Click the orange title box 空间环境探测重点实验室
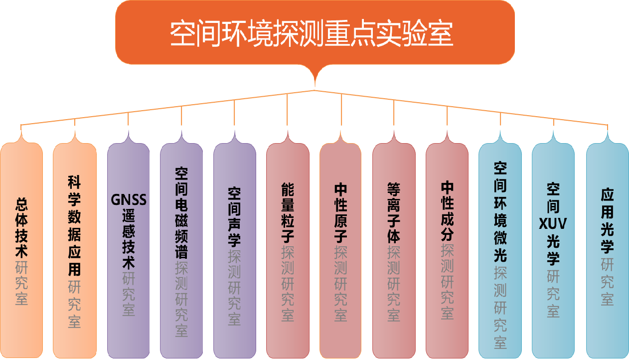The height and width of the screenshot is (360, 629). point(314,33)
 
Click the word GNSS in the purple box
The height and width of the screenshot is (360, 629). point(128,200)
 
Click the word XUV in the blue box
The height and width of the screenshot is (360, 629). point(553,224)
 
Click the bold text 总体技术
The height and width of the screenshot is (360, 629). point(21,228)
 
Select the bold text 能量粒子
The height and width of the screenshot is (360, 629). point(288,212)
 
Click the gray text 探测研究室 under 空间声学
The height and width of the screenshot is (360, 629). point(234,287)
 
